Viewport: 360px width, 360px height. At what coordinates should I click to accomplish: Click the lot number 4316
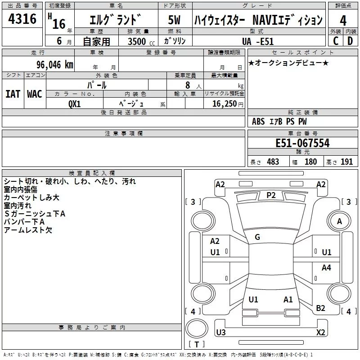tap(22, 19)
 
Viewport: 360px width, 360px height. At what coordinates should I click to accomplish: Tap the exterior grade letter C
tap(335, 40)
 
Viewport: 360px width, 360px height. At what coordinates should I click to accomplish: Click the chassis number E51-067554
tap(302, 144)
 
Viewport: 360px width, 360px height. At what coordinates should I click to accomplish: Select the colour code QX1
tap(75, 103)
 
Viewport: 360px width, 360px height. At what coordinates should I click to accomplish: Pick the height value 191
tap(346, 162)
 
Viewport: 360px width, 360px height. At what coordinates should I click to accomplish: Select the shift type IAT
tap(13, 94)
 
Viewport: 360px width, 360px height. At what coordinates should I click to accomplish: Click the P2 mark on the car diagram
tap(271, 195)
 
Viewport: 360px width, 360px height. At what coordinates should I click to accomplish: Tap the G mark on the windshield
tap(257, 237)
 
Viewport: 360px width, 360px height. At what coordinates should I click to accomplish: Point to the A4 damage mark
tap(326, 268)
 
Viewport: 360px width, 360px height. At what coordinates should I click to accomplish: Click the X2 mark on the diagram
tap(320, 333)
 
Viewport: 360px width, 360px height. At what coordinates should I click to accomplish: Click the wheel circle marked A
tap(339, 221)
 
